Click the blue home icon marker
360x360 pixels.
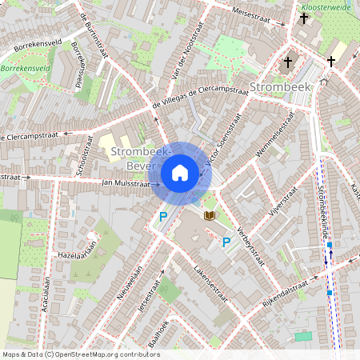[180, 173]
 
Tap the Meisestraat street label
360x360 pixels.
[257, 16]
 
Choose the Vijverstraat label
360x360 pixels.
[283, 202]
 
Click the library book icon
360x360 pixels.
[210, 215]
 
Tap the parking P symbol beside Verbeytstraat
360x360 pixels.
[226, 242]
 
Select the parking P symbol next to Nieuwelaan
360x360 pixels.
[163, 216]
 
